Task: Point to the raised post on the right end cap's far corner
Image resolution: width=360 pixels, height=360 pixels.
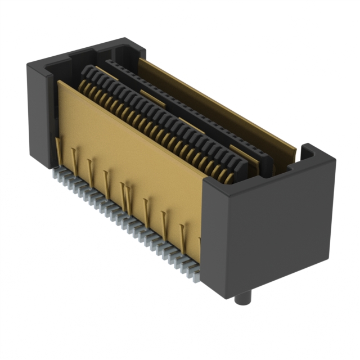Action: pyautogui.click(x=309, y=151)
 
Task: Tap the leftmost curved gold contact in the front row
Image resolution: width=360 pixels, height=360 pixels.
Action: pyautogui.click(x=80, y=85)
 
